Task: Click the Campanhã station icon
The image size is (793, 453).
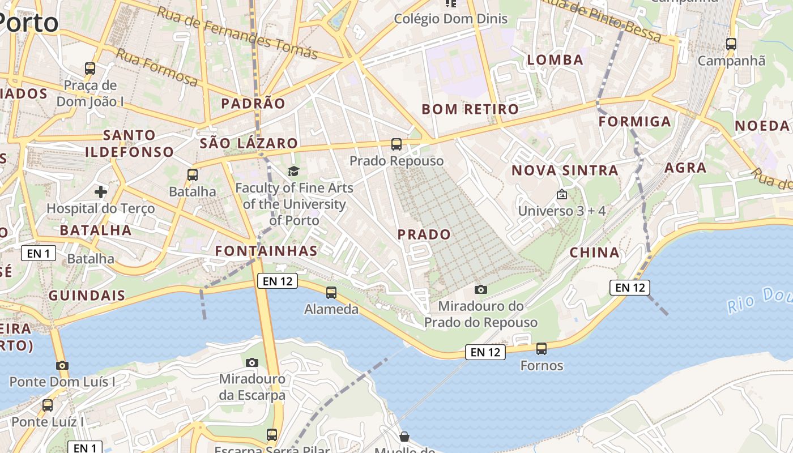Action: click(x=731, y=44)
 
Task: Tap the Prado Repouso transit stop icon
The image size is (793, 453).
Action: click(x=396, y=144)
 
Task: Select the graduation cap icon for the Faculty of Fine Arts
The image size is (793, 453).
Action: click(x=293, y=171)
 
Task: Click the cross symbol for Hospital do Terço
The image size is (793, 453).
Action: click(x=101, y=191)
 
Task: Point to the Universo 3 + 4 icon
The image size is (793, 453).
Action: click(x=561, y=194)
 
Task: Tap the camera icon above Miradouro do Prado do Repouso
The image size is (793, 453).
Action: click(x=480, y=289)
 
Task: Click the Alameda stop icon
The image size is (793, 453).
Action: click(x=331, y=292)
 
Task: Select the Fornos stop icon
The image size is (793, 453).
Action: click(x=542, y=348)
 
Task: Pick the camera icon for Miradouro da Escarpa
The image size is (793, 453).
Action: click(x=252, y=362)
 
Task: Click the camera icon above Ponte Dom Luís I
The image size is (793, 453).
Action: click(x=62, y=365)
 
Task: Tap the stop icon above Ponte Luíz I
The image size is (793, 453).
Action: click(x=48, y=405)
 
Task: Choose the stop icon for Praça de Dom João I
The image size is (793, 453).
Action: click(x=90, y=69)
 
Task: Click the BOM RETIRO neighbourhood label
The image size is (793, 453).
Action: click(x=470, y=109)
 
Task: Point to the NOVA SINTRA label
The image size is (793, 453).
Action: click(x=565, y=170)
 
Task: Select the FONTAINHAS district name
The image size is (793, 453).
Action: click(x=266, y=250)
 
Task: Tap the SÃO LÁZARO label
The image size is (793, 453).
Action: click(x=249, y=143)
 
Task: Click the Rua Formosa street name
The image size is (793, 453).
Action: click(x=157, y=67)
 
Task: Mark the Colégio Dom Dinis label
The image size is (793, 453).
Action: click(x=451, y=19)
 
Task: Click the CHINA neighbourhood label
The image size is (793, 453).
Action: click(x=594, y=253)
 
